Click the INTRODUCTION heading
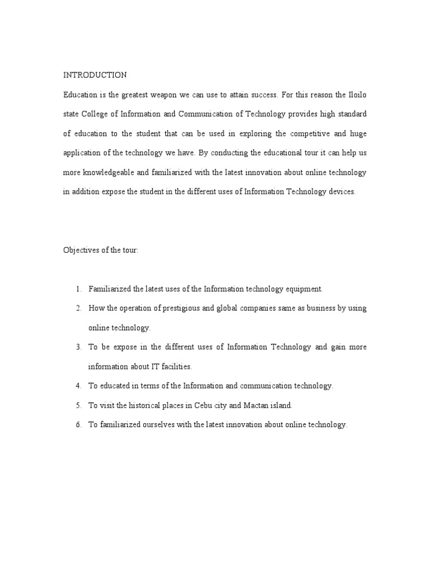coord(95,75)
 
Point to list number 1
coord(78,289)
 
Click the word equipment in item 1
coord(305,289)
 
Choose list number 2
coord(78,308)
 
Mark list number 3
coord(78,348)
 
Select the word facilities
coord(175,367)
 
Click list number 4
coord(78,386)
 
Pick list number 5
coord(78,405)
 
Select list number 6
coord(78,425)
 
